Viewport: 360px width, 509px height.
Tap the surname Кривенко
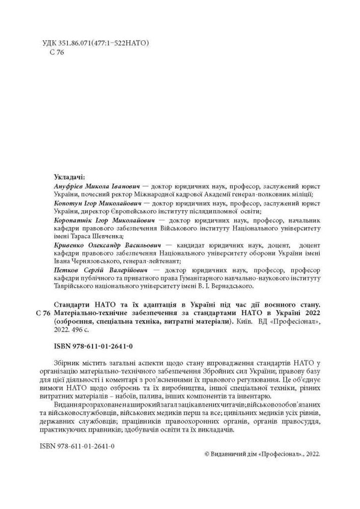point(68,245)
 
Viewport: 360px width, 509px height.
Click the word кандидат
point(190,245)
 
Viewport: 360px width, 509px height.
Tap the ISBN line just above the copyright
point(76,445)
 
